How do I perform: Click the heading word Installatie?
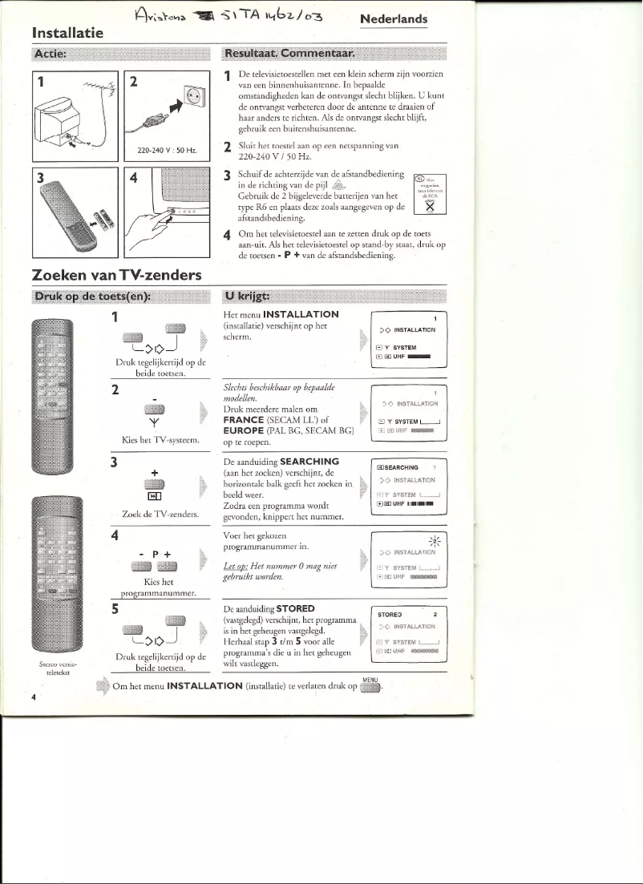tap(70, 33)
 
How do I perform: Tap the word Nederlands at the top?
tap(394, 19)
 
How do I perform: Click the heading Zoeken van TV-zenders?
tap(116, 275)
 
